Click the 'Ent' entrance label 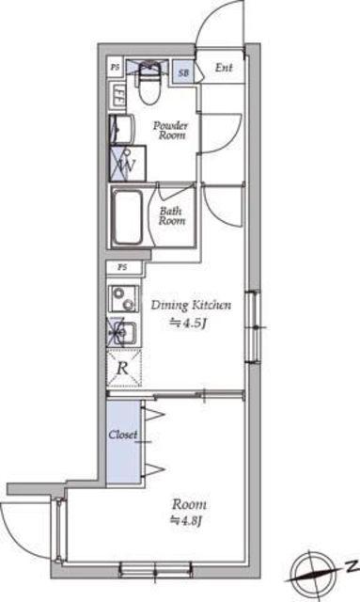pos(224,68)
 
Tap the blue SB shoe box pos(182,71)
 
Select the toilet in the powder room pos(149,83)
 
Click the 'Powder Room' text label pos(171,130)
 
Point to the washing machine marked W pos(128,164)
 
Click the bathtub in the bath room pos(128,217)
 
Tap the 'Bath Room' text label pos(172,215)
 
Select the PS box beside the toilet pos(115,67)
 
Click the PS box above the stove pos(123,267)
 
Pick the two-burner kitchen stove pos(123,299)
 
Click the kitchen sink pos(123,332)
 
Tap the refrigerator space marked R pos(123,368)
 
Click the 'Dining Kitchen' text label pos(191,305)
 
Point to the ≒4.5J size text pos(188,324)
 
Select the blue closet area pos(123,441)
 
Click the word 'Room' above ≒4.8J pos(189,504)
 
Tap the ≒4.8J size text pos(187,520)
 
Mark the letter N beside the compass pos(352,565)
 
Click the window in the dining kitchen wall pos(253,327)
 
